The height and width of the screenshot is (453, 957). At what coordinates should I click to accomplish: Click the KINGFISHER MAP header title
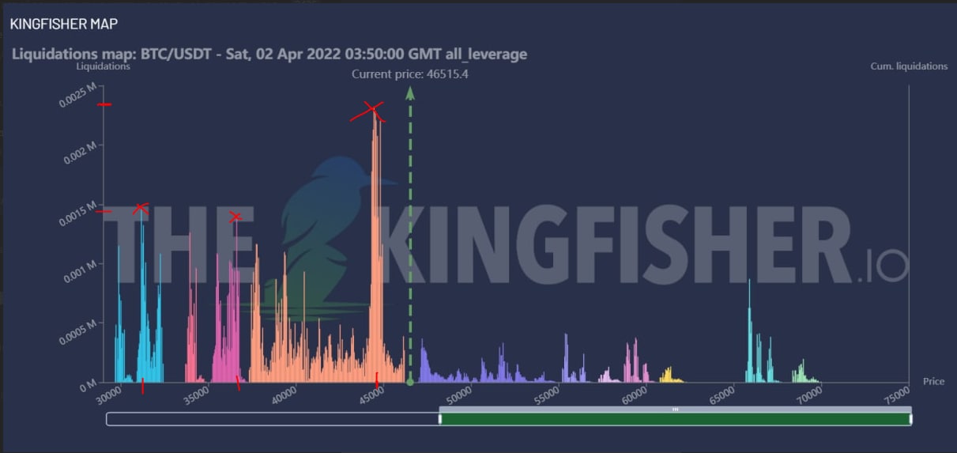(64, 25)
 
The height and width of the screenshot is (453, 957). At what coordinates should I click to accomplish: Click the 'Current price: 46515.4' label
(409, 74)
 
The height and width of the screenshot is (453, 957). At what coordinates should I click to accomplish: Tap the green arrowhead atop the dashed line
(409, 92)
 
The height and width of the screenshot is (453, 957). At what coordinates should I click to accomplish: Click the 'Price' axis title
(933, 381)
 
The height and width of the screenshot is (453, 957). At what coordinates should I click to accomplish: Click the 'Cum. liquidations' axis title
(909, 66)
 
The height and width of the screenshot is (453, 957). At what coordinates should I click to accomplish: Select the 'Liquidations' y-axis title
(104, 66)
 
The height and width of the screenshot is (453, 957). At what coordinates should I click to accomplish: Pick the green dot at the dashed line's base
(409, 383)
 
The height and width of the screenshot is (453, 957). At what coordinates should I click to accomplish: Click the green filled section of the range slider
(675, 418)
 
